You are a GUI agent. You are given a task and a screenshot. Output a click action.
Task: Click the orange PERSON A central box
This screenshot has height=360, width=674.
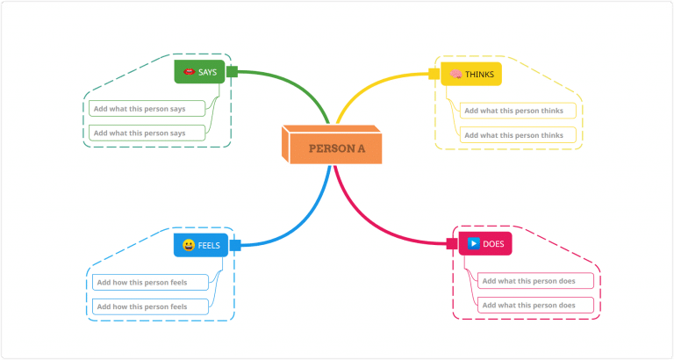click(x=337, y=148)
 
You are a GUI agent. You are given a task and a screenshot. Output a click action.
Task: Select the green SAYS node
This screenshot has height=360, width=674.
click(x=200, y=72)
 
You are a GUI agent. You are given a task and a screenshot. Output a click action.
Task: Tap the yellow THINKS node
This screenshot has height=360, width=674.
click(x=471, y=75)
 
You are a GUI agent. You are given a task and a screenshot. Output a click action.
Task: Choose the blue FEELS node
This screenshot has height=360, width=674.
click(x=201, y=245)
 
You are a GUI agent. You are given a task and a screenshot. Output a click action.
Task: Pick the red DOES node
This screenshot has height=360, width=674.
click(x=485, y=243)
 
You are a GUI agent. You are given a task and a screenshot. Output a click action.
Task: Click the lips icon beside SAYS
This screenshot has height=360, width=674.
click(x=188, y=72)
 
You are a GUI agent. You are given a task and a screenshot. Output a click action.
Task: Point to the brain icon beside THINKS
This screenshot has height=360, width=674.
click(x=456, y=75)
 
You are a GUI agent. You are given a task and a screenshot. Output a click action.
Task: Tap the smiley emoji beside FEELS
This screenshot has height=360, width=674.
click(x=188, y=245)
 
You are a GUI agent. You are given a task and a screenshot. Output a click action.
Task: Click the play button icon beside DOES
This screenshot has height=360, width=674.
click(x=473, y=243)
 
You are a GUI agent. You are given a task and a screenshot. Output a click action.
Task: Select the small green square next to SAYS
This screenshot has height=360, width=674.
click(x=233, y=71)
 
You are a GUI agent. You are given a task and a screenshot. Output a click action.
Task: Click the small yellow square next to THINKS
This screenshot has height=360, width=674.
click(x=434, y=74)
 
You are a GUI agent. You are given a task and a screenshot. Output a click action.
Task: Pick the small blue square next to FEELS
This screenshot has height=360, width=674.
click(x=234, y=245)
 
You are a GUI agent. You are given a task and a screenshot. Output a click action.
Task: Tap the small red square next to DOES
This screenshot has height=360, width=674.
click(x=454, y=242)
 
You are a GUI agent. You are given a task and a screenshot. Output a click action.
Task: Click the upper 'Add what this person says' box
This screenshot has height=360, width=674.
click(x=146, y=108)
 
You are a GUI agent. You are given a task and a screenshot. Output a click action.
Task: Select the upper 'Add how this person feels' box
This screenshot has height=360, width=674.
click(x=151, y=282)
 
